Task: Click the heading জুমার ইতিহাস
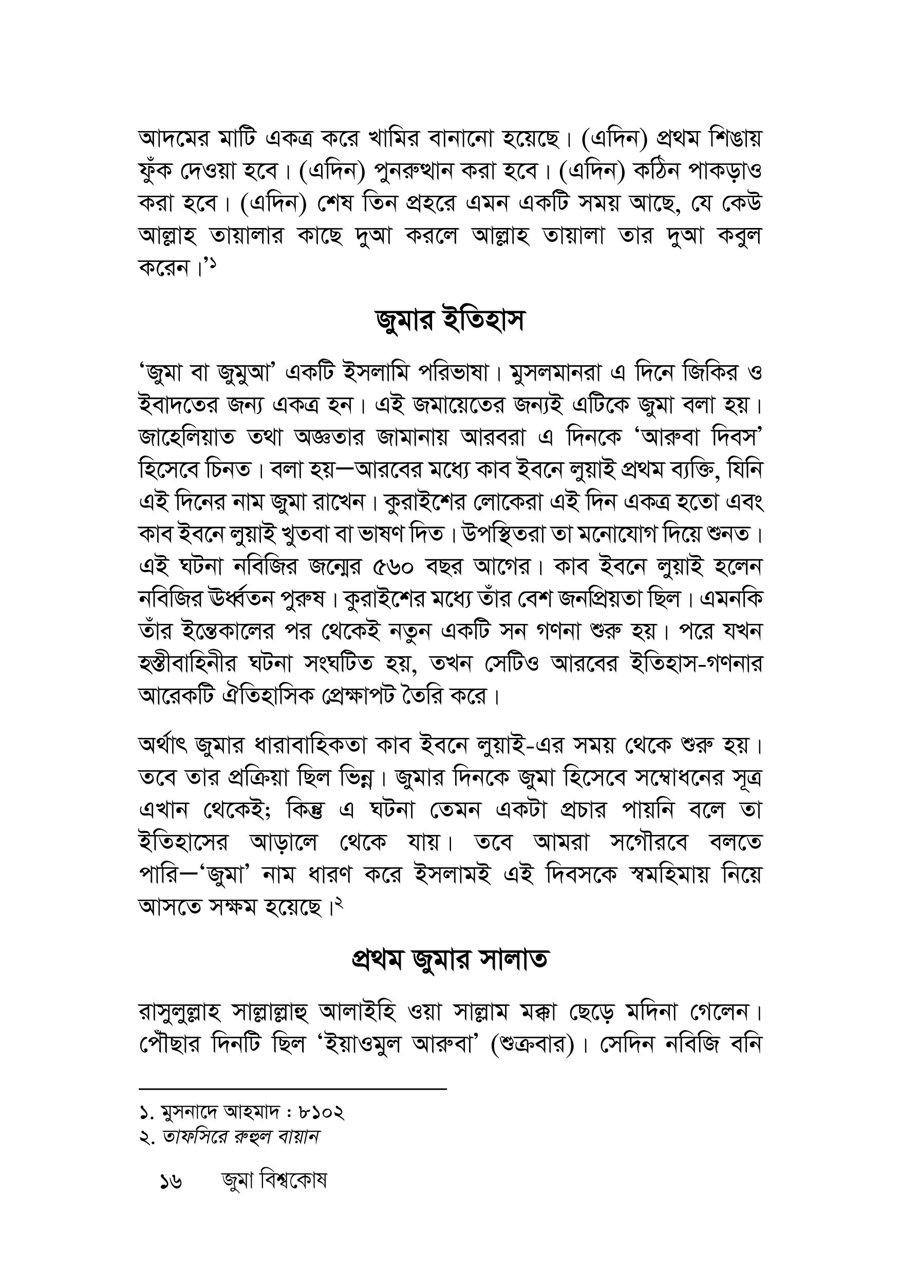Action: (x=449, y=322)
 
